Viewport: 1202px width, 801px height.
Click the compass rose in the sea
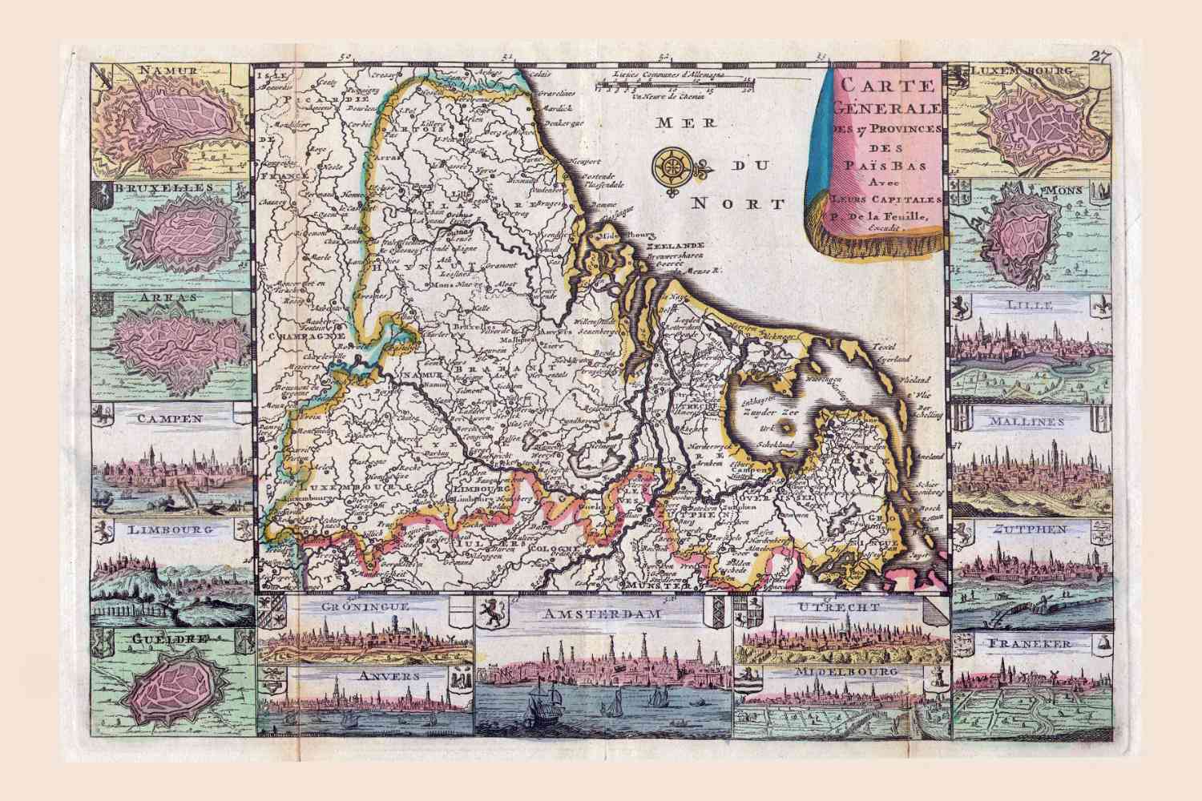[x=672, y=167]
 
